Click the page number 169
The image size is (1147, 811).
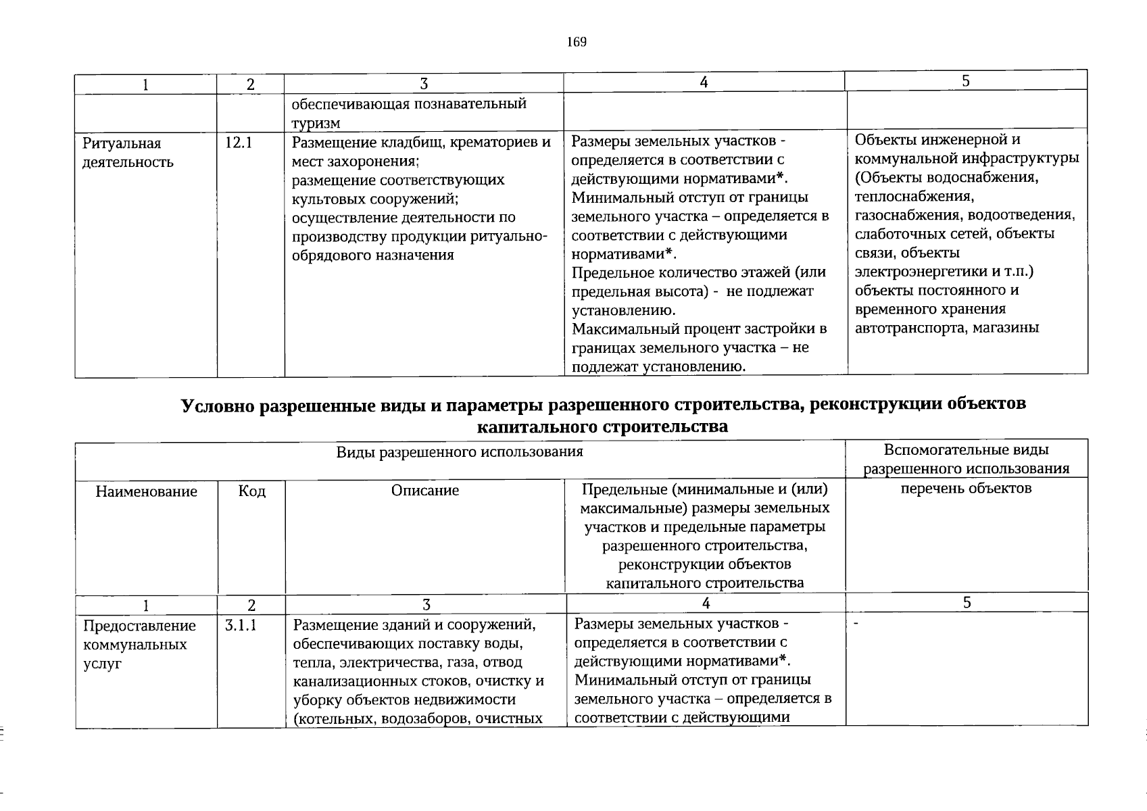(577, 43)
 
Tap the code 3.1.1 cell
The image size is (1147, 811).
(241, 626)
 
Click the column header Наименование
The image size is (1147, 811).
(147, 491)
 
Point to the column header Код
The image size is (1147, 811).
(251, 491)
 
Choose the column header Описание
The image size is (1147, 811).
(424, 491)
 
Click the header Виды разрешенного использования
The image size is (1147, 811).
(460, 452)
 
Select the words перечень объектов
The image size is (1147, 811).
(966, 488)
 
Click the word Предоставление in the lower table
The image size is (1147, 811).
(139, 626)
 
